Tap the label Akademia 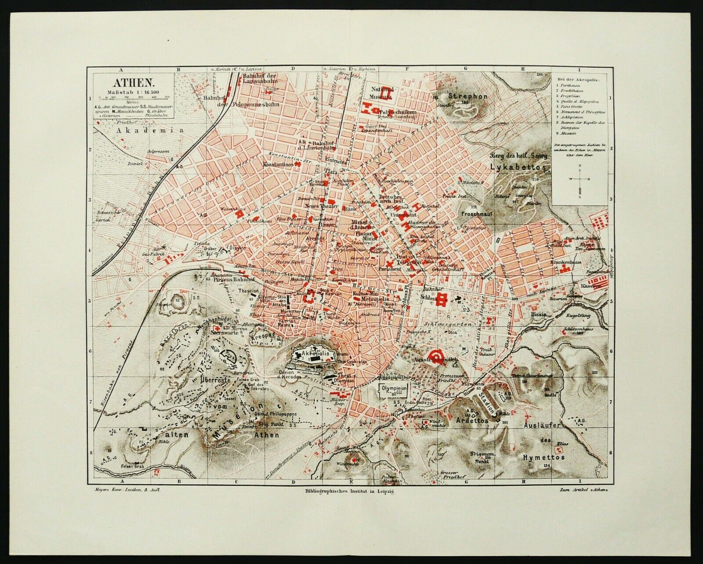coord(137,130)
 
